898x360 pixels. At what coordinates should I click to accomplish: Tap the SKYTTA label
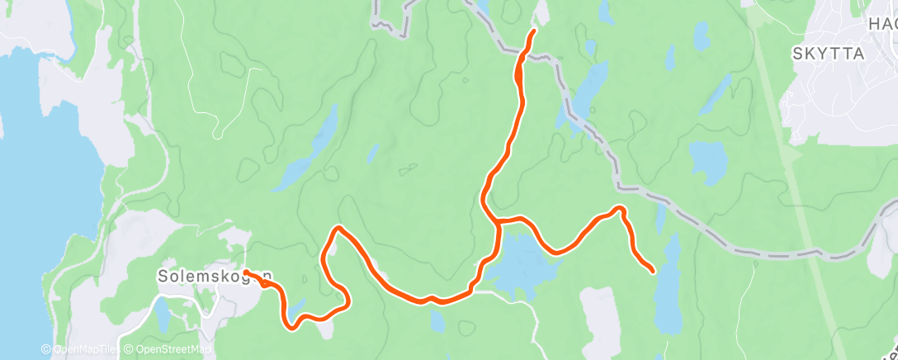[x=827, y=54]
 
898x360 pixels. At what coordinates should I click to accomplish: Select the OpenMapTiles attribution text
[x=81, y=350]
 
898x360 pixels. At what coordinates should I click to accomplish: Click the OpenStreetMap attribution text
[x=170, y=350]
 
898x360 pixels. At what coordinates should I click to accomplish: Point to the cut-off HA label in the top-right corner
[x=882, y=25]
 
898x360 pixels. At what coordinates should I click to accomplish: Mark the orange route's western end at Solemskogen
[x=247, y=272]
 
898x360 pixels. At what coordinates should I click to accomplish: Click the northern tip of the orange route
[x=533, y=31]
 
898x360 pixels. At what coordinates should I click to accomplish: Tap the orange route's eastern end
[x=653, y=270]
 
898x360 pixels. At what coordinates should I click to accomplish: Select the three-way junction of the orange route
[x=498, y=221]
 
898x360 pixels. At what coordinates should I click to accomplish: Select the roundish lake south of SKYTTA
[x=707, y=161]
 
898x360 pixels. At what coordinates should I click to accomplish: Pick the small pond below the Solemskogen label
[x=163, y=312]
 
